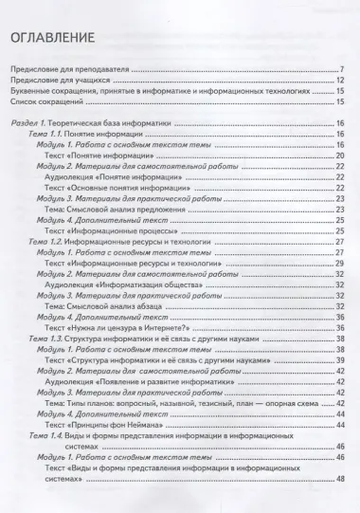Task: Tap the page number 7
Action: click(340, 70)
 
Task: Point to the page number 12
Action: click(338, 81)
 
